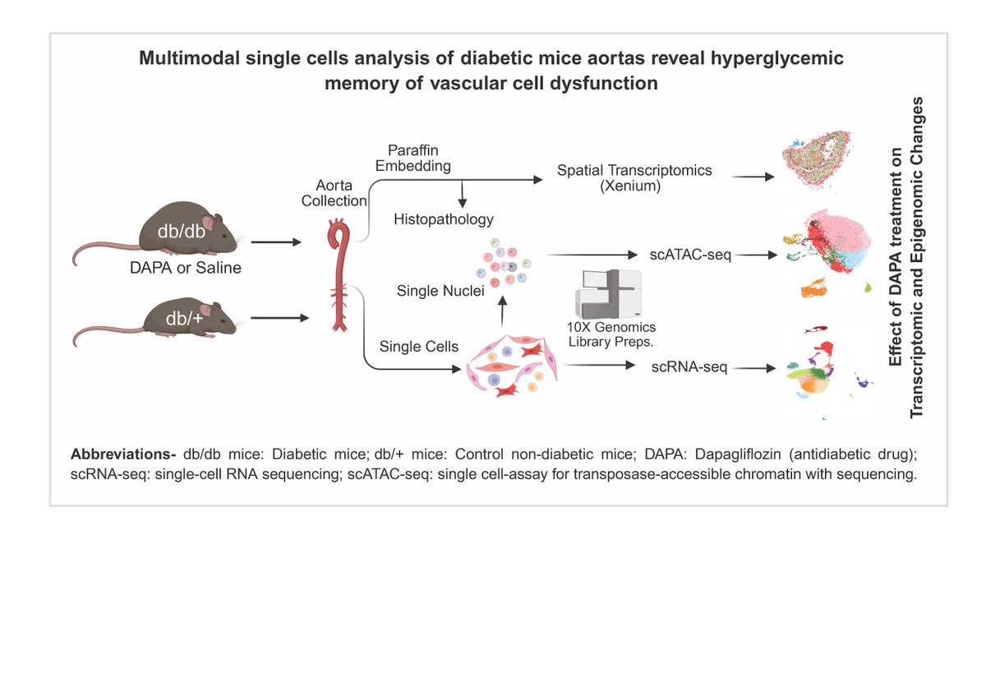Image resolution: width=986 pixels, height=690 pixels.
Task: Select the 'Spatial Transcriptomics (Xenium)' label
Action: point(634,177)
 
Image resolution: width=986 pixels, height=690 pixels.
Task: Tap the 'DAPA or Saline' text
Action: point(185,268)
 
